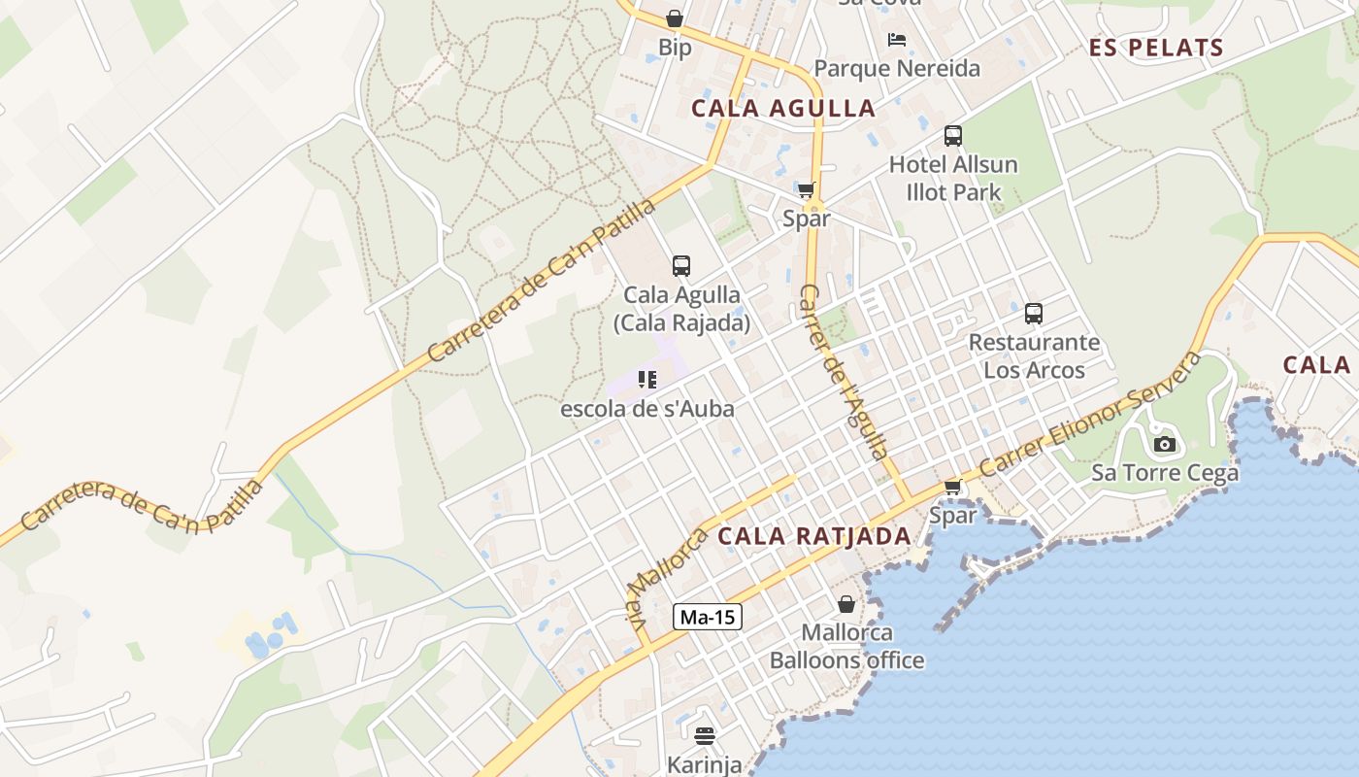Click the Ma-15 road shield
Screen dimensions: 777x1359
tap(708, 617)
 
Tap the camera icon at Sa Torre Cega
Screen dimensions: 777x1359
tap(1164, 445)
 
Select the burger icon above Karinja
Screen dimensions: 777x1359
tap(705, 736)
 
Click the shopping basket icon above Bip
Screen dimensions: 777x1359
tap(675, 18)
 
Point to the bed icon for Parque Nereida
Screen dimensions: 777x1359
tap(897, 40)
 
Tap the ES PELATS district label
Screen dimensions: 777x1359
tap(1156, 48)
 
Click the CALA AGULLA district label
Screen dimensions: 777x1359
tap(783, 108)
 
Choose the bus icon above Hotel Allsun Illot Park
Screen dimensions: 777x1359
tap(953, 136)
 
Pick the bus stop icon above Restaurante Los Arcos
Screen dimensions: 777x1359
tap(1034, 314)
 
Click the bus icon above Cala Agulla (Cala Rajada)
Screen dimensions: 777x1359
tap(681, 266)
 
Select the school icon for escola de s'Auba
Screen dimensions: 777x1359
tap(647, 380)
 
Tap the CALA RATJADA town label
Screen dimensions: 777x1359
tap(814, 536)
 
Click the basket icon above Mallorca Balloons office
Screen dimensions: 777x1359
tap(846, 604)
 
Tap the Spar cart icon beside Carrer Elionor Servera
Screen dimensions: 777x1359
tap(952, 487)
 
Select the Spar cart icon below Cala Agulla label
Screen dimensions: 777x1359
tap(806, 190)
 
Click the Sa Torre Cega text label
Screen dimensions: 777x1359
tap(1165, 473)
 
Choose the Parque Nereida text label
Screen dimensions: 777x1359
tap(897, 69)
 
